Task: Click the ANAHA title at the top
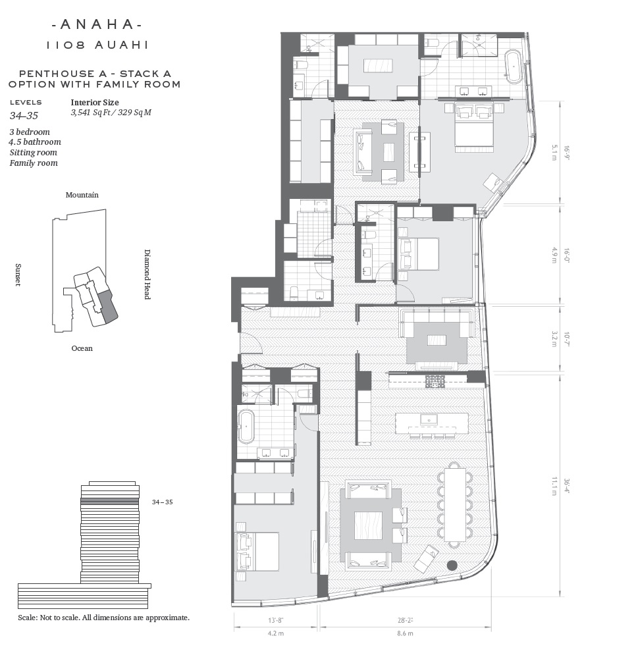coord(97,24)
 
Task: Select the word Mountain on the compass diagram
coord(82,195)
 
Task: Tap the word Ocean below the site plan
coord(82,348)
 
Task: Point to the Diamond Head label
coord(147,274)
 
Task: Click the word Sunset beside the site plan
coord(18,275)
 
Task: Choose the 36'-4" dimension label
coord(567,486)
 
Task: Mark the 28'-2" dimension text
coord(405,620)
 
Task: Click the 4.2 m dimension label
coord(276,633)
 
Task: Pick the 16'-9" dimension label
coord(567,154)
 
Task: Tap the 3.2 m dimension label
coord(554,338)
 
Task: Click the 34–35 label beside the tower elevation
coord(162,502)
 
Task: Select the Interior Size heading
coord(95,103)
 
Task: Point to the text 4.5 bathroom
coord(36,142)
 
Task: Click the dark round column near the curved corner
coord(452,566)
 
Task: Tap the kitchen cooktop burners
coord(433,381)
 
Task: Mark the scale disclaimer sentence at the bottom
coord(103,618)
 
